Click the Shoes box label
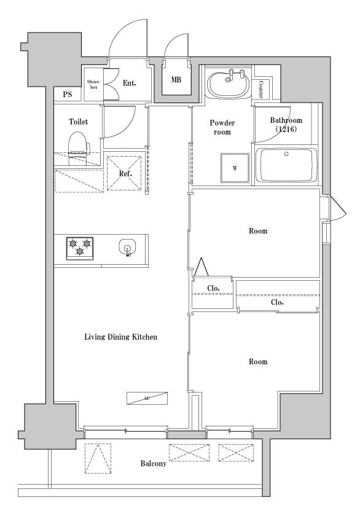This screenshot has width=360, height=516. click(x=93, y=85)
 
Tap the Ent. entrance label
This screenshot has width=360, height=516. click(x=130, y=83)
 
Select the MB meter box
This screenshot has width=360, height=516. click(x=176, y=79)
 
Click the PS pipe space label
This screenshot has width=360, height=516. click(x=68, y=95)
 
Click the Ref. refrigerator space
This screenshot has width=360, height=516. click(x=125, y=173)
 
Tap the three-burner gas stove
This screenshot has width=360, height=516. click(x=80, y=247)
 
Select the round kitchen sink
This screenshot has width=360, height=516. click(x=127, y=248)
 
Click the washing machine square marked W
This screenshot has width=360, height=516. click(x=235, y=167)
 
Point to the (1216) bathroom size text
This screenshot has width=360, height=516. click(x=286, y=130)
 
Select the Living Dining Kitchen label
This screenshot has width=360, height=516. click(x=121, y=337)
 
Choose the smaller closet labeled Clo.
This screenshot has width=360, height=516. click(x=213, y=288)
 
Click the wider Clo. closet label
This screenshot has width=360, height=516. click(x=277, y=302)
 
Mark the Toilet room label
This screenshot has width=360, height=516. click(x=78, y=122)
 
